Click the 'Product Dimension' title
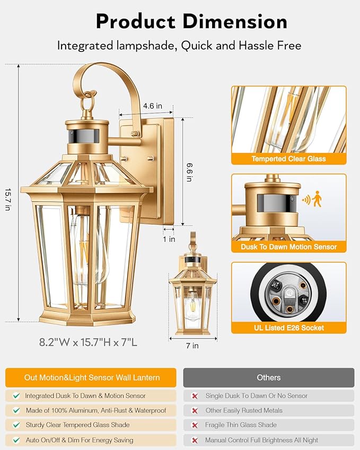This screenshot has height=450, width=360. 191,22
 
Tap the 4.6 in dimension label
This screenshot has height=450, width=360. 152,106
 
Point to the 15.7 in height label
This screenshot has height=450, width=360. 7,200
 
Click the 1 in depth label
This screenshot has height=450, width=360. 169,239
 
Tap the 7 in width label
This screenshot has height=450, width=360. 192,346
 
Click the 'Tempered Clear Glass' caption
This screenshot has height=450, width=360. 288,158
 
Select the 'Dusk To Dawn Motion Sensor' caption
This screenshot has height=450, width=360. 288,246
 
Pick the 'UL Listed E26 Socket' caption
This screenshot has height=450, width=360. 288,328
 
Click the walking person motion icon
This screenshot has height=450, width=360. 317,199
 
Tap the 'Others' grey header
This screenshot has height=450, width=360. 268,377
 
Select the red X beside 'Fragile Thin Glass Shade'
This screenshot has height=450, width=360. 195,425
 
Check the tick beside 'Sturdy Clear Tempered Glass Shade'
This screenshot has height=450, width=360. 16,425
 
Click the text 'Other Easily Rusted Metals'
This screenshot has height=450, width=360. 244,410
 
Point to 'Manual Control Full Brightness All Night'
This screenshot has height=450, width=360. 262,440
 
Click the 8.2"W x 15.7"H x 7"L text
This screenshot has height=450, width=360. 88,342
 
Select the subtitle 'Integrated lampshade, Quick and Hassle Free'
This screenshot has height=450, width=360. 179,46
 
